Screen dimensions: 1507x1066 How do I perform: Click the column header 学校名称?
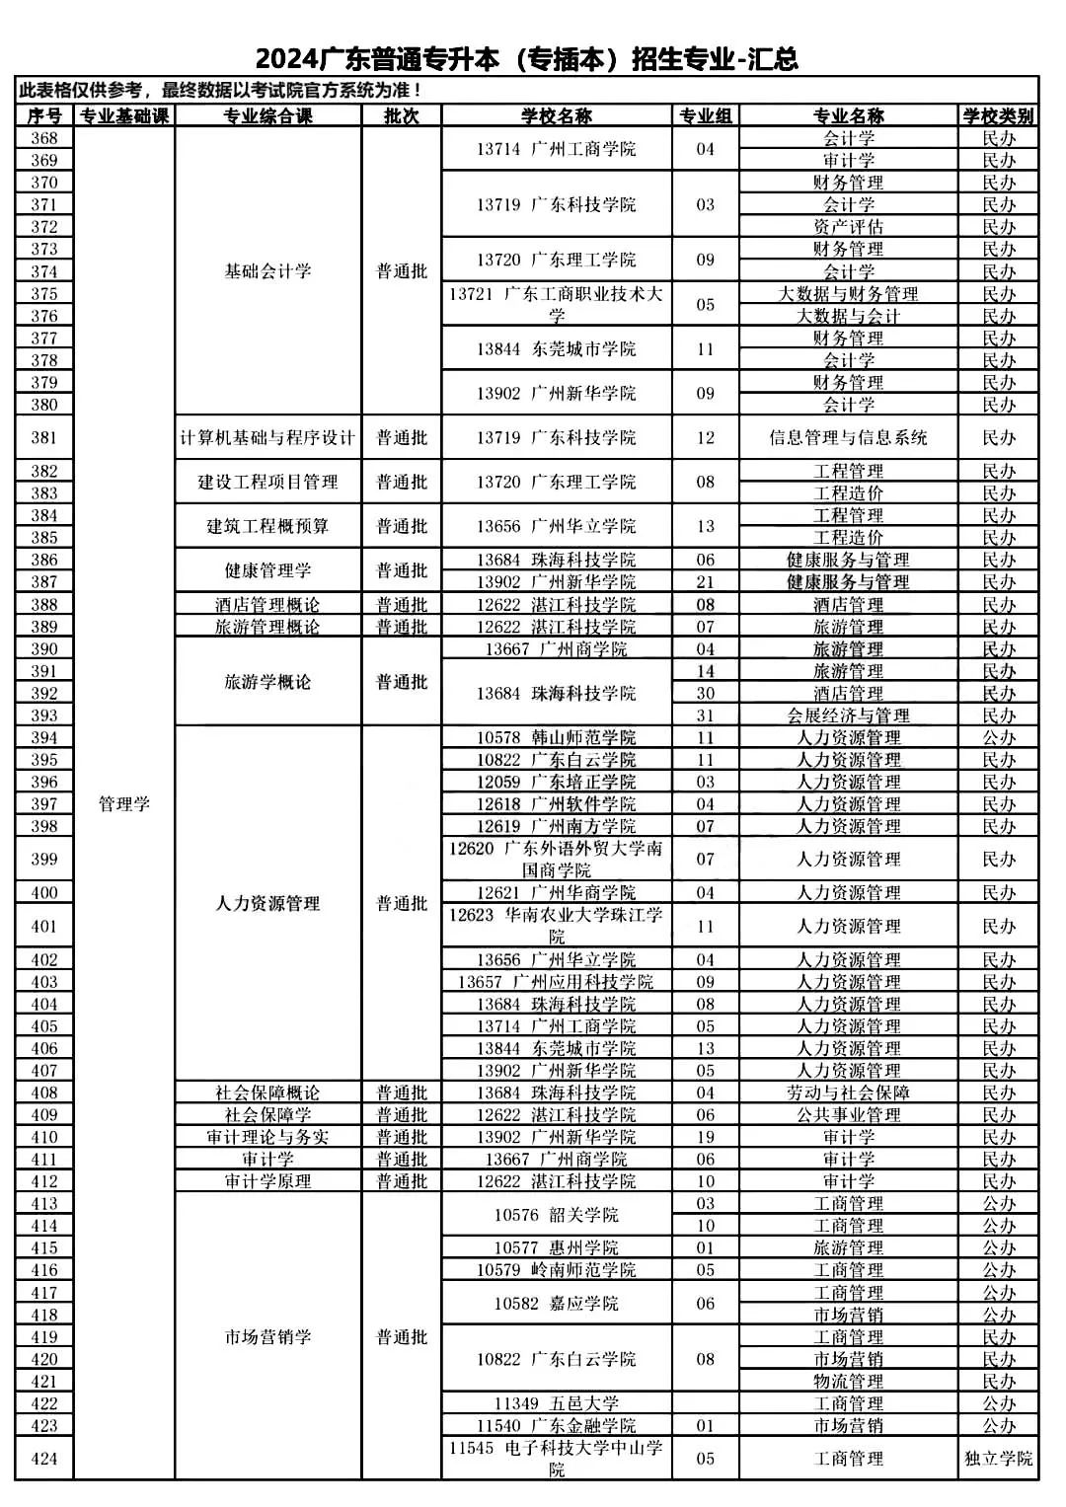click(556, 115)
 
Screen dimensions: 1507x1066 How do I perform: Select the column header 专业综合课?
click(267, 115)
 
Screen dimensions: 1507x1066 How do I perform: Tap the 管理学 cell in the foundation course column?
click(124, 803)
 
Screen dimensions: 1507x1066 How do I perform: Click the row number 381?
click(44, 437)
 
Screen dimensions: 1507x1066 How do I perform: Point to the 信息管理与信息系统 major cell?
click(848, 437)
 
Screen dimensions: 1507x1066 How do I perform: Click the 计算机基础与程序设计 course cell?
click(267, 437)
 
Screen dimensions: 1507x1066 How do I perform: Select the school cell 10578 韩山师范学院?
click(556, 737)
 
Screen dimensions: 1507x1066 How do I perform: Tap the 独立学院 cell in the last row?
click(998, 1458)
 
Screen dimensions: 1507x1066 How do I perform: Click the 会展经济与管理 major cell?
click(848, 716)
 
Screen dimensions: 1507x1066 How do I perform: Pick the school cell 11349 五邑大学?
click(556, 1403)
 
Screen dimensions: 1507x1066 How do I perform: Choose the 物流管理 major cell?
click(848, 1381)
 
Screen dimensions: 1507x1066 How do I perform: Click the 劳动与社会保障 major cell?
click(848, 1093)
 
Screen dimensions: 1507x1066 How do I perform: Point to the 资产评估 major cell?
click(848, 226)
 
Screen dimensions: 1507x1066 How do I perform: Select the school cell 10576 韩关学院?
click(556, 1214)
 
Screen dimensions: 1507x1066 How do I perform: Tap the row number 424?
click(44, 1458)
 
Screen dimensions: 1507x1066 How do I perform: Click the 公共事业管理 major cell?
click(848, 1114)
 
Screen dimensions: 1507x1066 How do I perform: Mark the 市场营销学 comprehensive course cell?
click(267, 1336)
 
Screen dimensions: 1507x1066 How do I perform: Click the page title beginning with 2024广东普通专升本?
click(526, 58)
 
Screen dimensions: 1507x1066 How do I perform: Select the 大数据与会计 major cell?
click(848, 316)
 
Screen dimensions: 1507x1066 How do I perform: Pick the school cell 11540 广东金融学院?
click(556, 1425)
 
